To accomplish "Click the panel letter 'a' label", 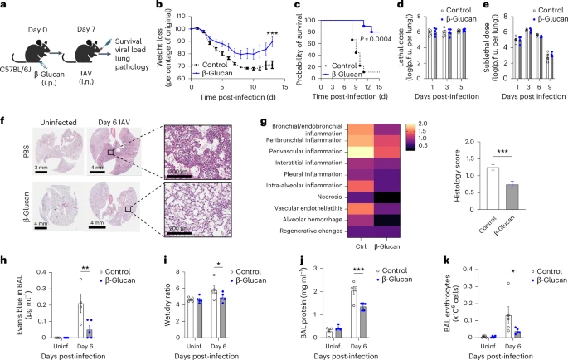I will click(x=5, y=7).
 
